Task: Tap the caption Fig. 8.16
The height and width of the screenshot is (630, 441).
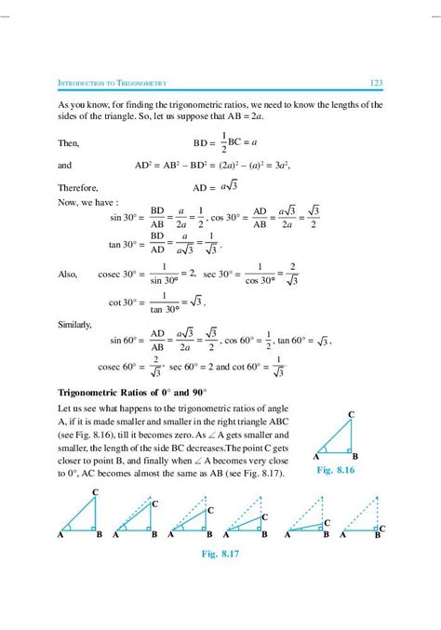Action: [x=337, y=472]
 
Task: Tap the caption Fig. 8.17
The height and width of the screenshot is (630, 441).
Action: [x=220, y=555]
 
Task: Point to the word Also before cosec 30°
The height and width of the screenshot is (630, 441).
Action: [x=67, y=275]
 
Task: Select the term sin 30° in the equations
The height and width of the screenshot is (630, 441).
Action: [x=122, y=217]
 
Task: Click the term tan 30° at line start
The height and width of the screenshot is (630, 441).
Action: [x=122, y=245]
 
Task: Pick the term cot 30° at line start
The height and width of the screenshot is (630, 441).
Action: [x=122, y=302]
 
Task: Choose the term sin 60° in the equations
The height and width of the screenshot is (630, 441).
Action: [x=122, y=341]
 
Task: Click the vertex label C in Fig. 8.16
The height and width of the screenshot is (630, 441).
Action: [x=351, y=413]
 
